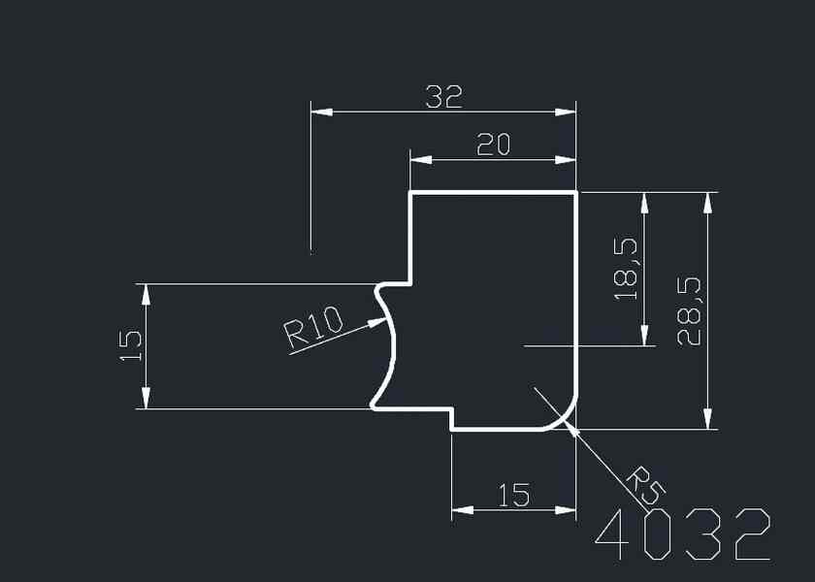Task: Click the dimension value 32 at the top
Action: (x=443, y=96)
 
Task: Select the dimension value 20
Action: (x=493, y=145)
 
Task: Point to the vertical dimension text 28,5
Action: (x=689, y=310)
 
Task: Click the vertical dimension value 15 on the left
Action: (x=130, y=345)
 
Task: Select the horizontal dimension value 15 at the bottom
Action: (x=513, y=496)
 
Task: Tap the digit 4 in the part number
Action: (x=613, y=534)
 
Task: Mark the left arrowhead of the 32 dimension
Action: (x=320, y=112)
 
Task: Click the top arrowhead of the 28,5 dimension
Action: (x=708, y=202)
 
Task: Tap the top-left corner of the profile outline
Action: (x=410, y=193)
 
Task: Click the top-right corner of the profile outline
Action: (x=576, y=193)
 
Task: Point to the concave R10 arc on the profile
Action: (x=394, y=344)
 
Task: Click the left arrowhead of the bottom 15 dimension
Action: (x=462, y=509)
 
